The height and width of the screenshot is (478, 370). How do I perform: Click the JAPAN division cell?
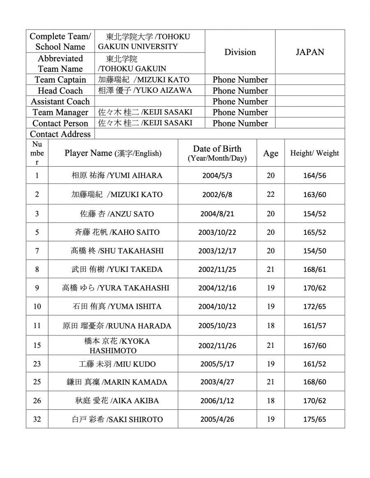point(310,52)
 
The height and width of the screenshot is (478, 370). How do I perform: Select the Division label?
point(240,52)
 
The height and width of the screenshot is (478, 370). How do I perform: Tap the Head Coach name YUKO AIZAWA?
point(145,90)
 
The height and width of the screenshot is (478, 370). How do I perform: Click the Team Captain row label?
point(60,80)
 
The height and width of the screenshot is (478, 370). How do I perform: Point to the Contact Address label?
point(60,134)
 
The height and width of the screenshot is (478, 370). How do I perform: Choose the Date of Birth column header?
point(217,153)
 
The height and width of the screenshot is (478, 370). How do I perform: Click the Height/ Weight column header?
point(314,153)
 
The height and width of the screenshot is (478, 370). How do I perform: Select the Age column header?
point(271,153)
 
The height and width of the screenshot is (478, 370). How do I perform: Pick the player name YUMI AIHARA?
point(117,175)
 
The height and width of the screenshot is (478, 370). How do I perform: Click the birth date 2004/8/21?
point(217,214)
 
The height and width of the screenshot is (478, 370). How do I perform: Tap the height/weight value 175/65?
point(314,419)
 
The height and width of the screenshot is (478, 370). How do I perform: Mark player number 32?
point(37,419)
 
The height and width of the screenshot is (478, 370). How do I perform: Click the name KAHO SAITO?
point(117,232)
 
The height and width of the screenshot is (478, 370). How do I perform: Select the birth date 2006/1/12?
point(217,400)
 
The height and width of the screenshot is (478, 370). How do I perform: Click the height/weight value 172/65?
point(314,306)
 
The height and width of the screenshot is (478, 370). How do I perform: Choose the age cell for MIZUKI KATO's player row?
point(271,194)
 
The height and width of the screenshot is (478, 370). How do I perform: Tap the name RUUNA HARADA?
point(117,326)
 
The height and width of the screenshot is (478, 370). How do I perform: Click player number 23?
point(37,364)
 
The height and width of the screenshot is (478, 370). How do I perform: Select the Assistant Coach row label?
point(60,101)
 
